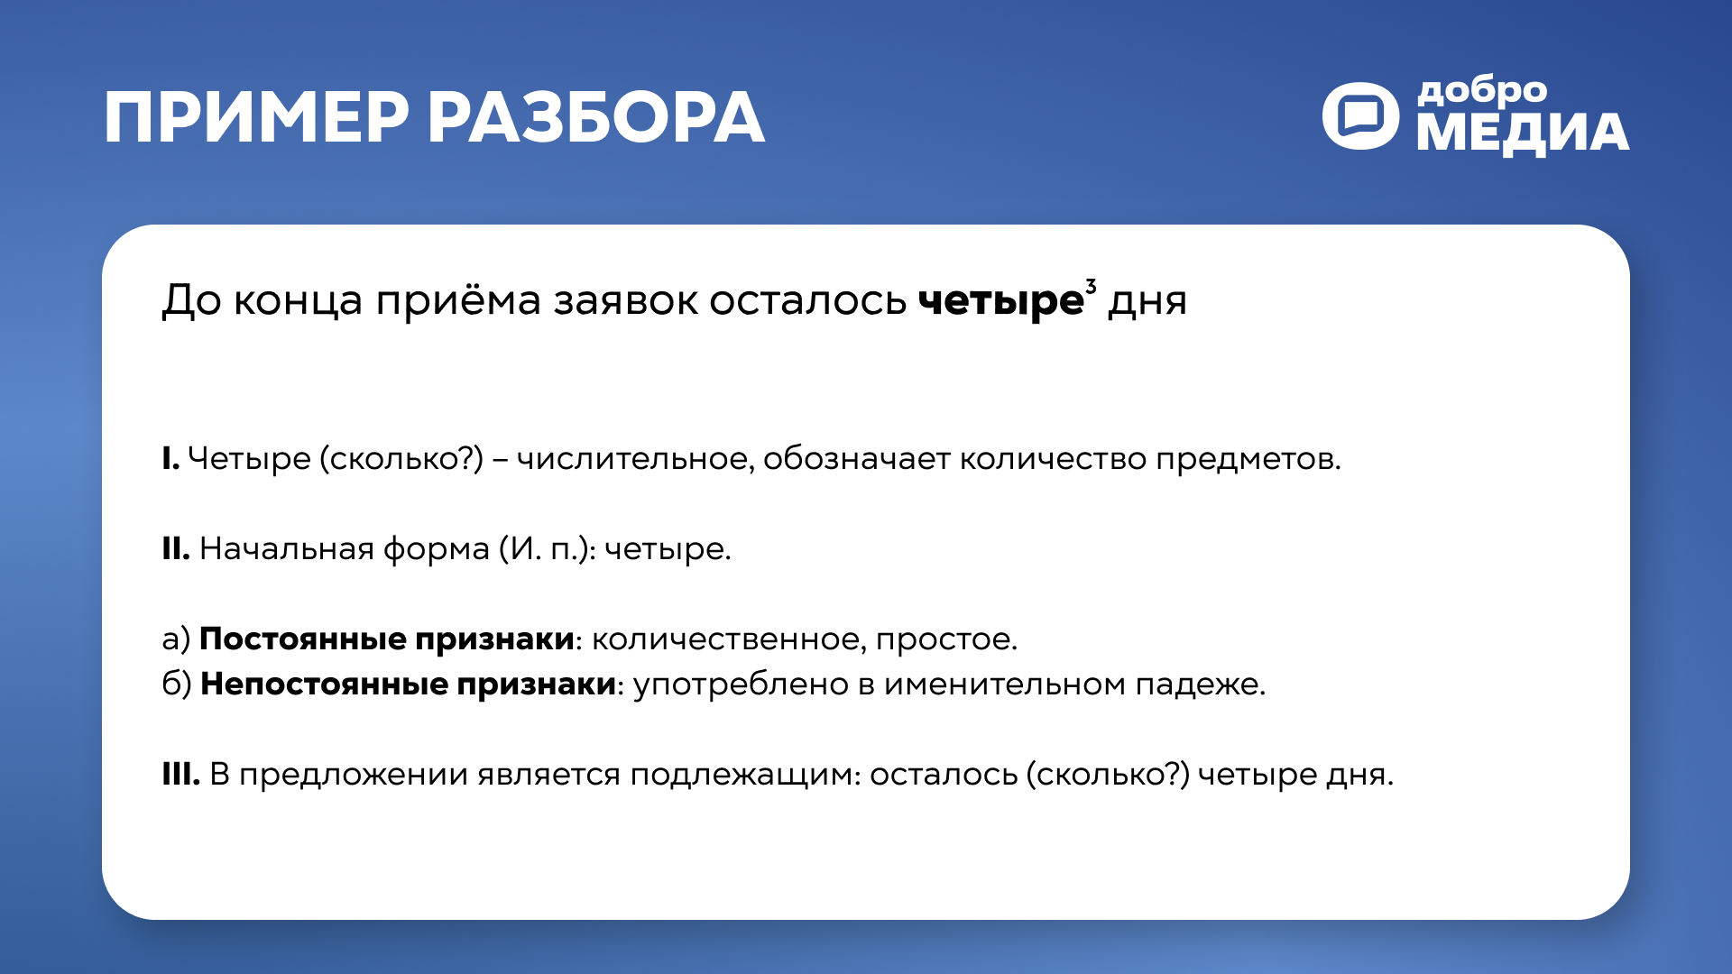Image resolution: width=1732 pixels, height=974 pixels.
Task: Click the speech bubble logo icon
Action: [1360, 115]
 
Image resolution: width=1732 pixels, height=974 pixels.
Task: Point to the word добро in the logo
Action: [1482, 91]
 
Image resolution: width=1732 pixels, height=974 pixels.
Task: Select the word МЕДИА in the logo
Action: [1523, 133]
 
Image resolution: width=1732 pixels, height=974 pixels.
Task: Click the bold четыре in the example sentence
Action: [1000, 300]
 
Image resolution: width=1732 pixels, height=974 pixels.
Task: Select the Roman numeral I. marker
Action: [170, 459]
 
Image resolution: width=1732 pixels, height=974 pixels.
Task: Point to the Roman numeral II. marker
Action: [176, 548]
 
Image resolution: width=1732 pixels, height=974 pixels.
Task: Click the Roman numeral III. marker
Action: [180, 774]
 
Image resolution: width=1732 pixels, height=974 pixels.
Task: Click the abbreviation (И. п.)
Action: [548, 548]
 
